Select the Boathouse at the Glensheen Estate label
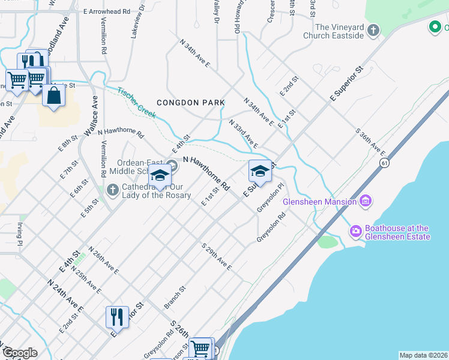tap(397, 232)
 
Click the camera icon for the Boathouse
tap(356, 230)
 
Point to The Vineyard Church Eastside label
tap(339, 31)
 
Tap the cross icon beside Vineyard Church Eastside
tap(373, 30)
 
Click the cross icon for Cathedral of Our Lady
tap(112, 190)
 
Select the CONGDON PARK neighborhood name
tap(190, 103)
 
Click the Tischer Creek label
tap(137, 103)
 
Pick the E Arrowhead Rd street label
tap(107, 11)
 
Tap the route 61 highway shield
tap(384, 163)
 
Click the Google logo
tap(20, 353)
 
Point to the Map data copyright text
tap(424, 355)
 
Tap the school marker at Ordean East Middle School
tap(160, 176)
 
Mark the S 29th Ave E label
tap(217, 256)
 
